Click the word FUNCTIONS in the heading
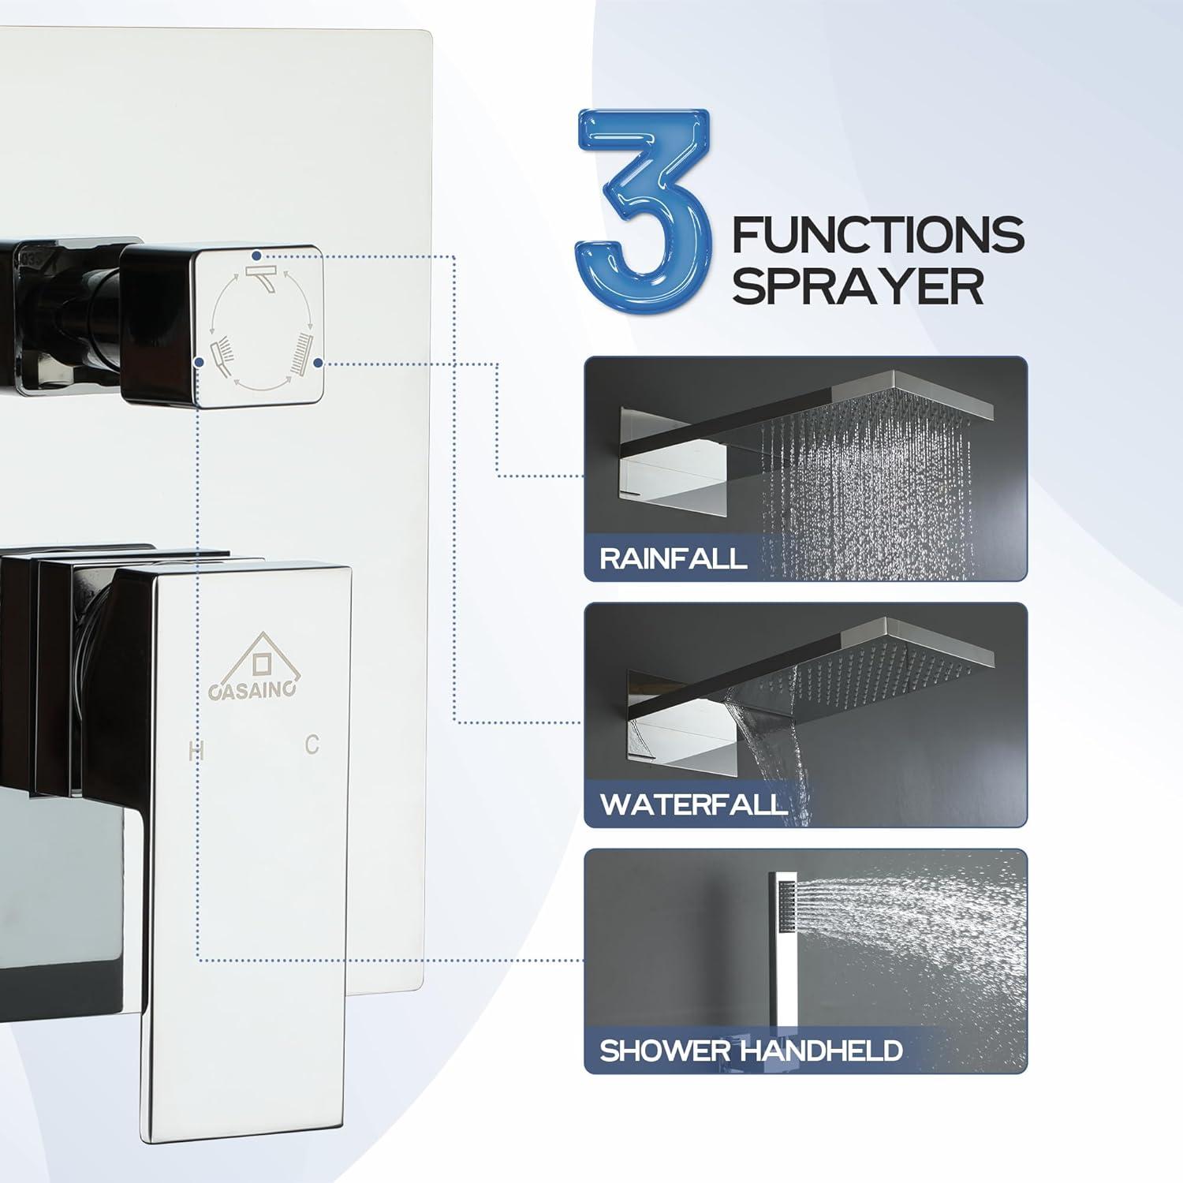pyautogui.click(x=878, y=235)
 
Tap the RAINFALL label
pyautogui.click(x=673, y=558)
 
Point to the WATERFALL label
pyautogui.click(x=693, y=804)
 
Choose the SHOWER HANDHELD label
pyautogui.click(x=751, y=1051)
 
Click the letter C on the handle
pyautogui.click(x=312, y=745)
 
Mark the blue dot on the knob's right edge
pyautogui.click(x=317, y=363)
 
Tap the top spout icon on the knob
pyautogui.click(x=260, y=275)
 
